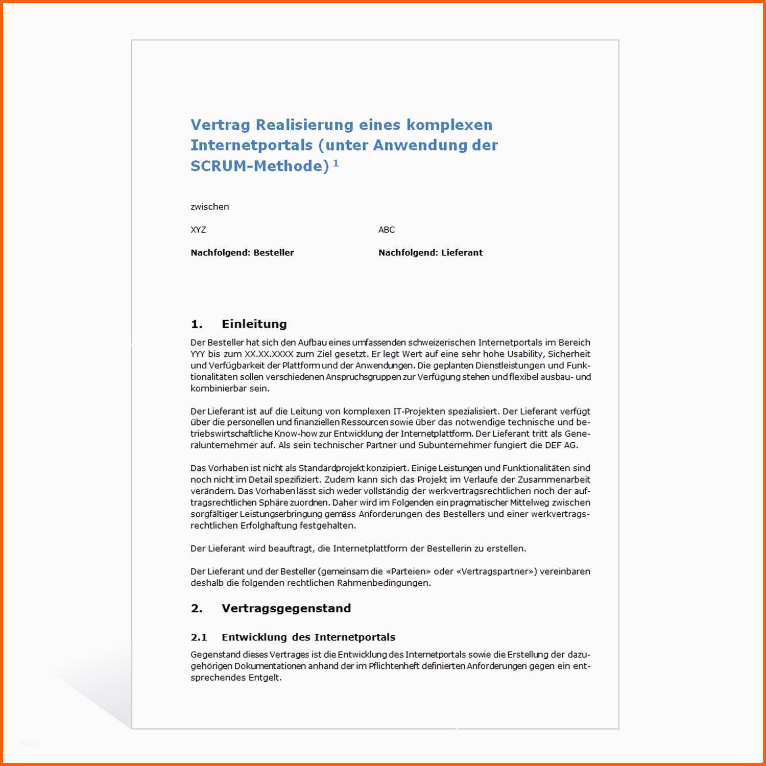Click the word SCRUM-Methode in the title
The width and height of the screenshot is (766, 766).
point(259,166)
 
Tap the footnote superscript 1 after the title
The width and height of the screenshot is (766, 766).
point(336,163)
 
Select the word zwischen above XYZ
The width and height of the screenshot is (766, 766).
point(209,207)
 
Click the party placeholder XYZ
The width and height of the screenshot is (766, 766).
point(198,230)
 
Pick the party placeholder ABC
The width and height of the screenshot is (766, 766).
point(386,230)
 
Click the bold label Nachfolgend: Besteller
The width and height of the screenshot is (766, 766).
point(242,253)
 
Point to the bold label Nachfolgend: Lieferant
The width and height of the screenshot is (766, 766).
point(430,253)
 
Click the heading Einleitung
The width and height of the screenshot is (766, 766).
point(254,324)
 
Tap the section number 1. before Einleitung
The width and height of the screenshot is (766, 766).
point(197,324)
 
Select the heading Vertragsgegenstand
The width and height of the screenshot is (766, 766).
point(286,608)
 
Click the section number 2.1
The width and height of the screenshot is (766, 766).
point(199,637)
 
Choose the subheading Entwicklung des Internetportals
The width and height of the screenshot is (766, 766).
point(308,637)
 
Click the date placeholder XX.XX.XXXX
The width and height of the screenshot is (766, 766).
point(269,354)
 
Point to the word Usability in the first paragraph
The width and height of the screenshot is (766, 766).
point(525,354)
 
